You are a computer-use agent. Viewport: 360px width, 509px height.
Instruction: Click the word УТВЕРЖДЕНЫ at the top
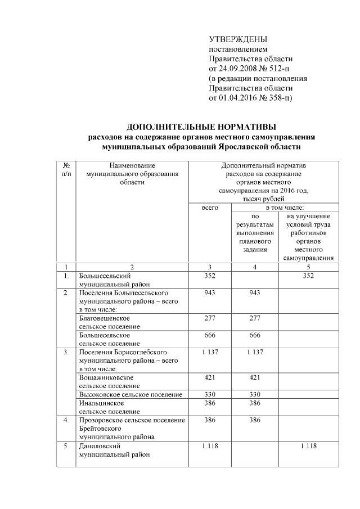238,39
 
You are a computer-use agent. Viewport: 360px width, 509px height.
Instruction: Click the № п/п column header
66,170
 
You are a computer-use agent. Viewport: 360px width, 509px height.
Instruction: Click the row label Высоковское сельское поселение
130,394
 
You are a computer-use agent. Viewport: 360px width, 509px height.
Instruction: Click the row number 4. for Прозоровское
66,420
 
